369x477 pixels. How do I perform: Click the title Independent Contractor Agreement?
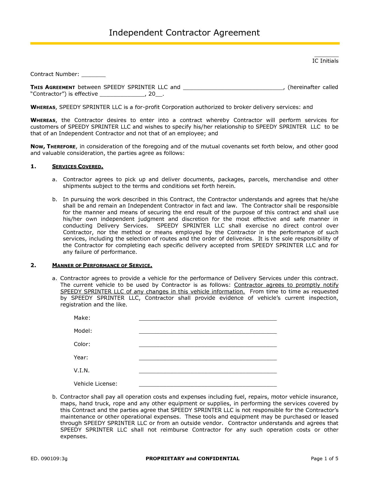click(x=184, y=33)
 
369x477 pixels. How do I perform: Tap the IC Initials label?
click(x=325, y=61)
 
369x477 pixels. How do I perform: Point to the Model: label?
click(x=83, y=331)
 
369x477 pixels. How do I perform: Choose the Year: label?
click(x=81, y=358)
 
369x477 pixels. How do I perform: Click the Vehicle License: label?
click(x=95, y=384)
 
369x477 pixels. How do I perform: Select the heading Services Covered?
click(x=78, y=167)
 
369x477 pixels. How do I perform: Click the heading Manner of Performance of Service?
click(x=102, y=265)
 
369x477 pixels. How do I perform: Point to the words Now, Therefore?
click(x=53, y=147)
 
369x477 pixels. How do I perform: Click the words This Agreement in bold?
click(x=53, y=87)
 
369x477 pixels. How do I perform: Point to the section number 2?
click(x=33, y=265)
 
